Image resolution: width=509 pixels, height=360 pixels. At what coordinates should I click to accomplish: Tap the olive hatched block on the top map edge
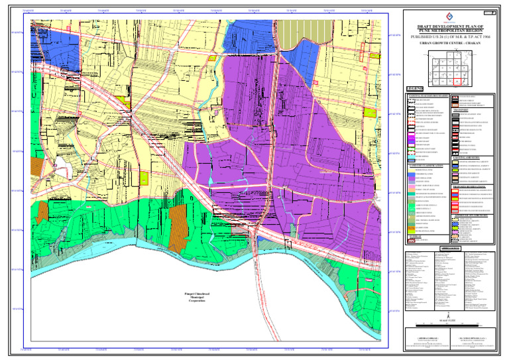point(294,27)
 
